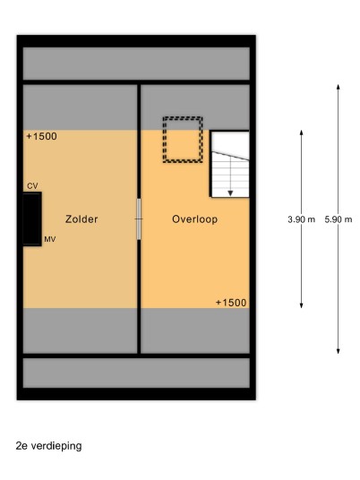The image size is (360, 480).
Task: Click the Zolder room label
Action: tap(81, 219)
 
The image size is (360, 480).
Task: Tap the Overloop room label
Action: tap(194, 219)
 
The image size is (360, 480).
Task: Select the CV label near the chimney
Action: tap(32, 185)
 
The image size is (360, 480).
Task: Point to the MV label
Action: tap(50, 239)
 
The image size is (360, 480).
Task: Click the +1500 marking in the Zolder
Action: tap(41, 136)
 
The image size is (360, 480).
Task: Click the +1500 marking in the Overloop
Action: tap(231, 303)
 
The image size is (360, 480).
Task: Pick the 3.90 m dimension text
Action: tap(301, 219)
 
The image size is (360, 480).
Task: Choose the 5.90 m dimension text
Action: tap(339, 219)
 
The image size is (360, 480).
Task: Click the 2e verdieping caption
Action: tap(48, 446)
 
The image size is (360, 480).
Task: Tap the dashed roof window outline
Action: tap(183, 118)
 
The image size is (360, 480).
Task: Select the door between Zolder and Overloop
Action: tap(139, 219)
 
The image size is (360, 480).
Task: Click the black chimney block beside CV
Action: tap(32, 219)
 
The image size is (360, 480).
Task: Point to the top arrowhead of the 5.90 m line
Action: tap(339, 87)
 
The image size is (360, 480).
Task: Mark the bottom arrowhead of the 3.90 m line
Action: tap(302, 305)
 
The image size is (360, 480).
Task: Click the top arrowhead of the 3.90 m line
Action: tap(302, 133)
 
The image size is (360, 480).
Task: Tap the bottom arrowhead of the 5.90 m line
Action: tap(339, 351)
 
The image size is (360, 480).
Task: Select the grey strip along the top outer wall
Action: tap(136, 64)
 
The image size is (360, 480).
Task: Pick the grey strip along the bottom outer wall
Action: tap(136, 373)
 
